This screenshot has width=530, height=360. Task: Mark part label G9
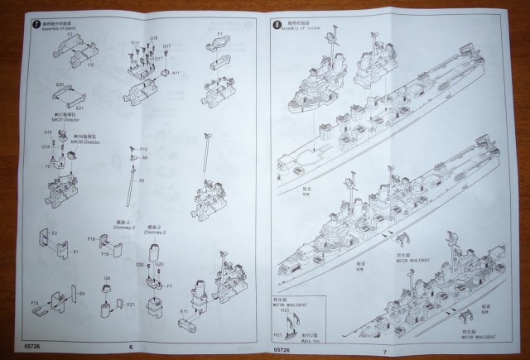pyautogui.click(x=107, y=279)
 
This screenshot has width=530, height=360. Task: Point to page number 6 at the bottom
pyautogui.click(x=132, y=347)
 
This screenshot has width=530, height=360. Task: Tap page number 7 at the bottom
pyautogui.click(x=387, y=350)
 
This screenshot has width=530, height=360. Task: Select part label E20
pyautogui.click(x=59, y=84)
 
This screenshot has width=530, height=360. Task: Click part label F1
pyautogui.click(x=220, y=33)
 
